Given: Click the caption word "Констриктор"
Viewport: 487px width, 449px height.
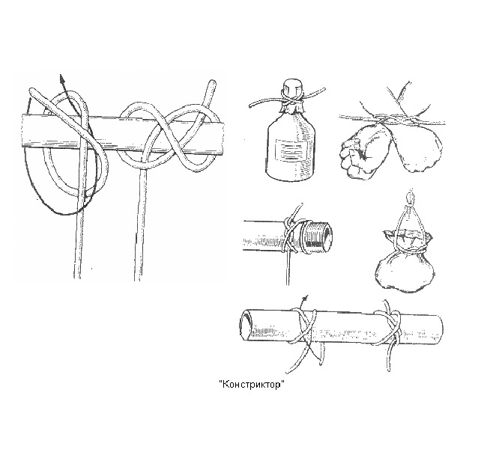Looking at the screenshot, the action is click(252, 385).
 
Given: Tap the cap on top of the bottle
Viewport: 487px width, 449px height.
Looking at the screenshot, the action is click(292, 87).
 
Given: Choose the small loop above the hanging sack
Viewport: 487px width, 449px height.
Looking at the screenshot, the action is click(411, 198).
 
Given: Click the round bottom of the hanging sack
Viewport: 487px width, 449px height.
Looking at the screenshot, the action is click(404, 273).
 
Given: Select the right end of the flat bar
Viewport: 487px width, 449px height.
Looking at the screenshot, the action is click(221, 139).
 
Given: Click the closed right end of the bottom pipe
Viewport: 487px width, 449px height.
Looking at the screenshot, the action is click(440, 329).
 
